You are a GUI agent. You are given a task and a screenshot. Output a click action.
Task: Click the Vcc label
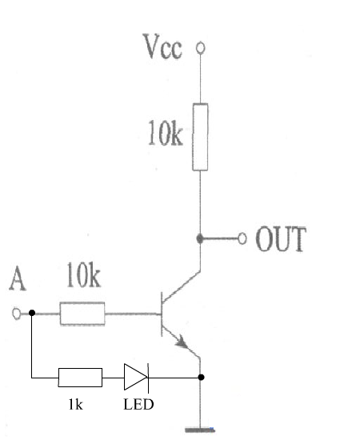(162, 46)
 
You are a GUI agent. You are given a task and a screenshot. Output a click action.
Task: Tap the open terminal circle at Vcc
(200, 48)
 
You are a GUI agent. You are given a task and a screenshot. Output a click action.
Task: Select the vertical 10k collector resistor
(200, 137)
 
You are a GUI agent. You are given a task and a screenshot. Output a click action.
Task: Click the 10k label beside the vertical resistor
(166, 133)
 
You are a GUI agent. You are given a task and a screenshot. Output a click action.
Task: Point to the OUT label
(281, 239)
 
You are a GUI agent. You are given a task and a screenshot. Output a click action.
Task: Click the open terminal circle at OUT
(242, 238)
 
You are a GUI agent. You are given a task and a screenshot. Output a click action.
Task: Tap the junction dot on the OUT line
(200, 238)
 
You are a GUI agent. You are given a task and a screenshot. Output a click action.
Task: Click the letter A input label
(18, 278)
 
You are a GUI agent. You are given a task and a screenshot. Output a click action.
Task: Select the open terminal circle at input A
(17, 314)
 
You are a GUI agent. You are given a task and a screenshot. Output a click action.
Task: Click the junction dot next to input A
(32, 313)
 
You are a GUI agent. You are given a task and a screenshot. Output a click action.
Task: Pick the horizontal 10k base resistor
(82, 314)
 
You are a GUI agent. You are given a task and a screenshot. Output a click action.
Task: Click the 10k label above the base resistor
(83, 275)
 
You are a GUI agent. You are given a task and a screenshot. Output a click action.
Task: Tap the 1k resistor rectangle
(80, 378)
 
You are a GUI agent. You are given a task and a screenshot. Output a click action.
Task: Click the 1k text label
(76, 405)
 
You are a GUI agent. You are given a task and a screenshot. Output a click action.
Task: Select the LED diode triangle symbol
(136, 377)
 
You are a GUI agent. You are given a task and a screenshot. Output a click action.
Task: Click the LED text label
(138, 404)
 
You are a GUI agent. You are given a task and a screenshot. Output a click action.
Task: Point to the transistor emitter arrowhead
(182, 342)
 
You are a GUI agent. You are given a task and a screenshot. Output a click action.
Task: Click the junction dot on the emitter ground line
(201, 377)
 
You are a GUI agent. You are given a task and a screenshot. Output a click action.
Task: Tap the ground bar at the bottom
(200, 430)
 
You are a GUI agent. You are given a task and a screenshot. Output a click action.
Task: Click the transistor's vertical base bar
(162, 314)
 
